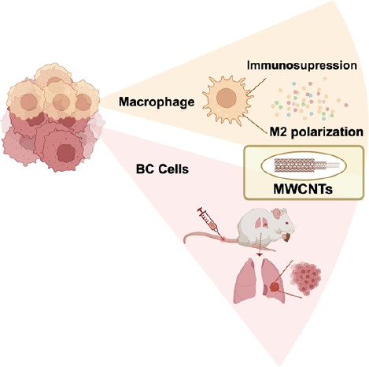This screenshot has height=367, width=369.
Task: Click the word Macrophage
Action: [x=157, y=102]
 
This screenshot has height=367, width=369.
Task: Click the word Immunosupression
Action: [x=302, y=65]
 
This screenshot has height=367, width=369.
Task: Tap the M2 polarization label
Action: [x=316, y=132]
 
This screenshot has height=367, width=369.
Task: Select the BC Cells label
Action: [x=162, y=169]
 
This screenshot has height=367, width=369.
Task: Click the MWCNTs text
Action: [x=303, y=189]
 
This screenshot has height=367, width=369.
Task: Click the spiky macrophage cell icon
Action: [x=227, y=99]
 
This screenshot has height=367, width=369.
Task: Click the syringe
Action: [x=209, y=221]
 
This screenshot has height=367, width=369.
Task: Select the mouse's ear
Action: [x=279, y=213]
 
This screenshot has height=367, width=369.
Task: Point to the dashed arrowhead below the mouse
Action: [x=260, y=254]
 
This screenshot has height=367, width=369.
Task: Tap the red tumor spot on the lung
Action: [x=275, y=287]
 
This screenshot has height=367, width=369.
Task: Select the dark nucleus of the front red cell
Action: [x=66, y=153]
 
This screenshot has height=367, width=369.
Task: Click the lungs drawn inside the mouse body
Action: [x=260, y=224]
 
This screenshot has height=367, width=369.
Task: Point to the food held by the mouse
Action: [x=287, y=238]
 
